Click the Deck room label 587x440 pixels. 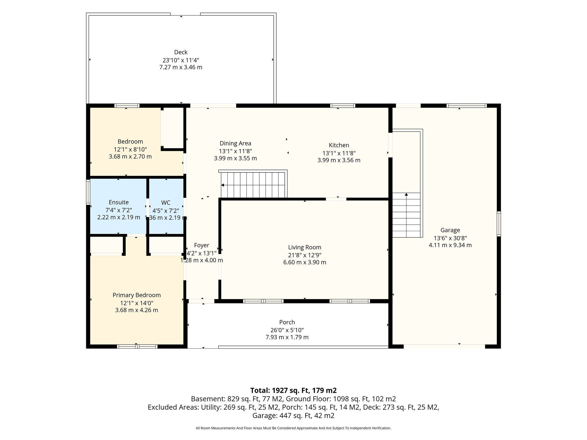(181, 52)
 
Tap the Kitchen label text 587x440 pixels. (339, 145)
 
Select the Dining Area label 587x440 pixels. (235, 143)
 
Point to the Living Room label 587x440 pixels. (305, 247)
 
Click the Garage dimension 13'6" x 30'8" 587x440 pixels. (450, 238)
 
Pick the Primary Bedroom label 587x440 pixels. (136, 295)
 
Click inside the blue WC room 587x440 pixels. (166, 206)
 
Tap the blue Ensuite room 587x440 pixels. (118, 206)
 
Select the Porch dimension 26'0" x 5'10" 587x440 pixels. (287, 330)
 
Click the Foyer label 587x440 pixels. (201, 245)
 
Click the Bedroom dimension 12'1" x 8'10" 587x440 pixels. (130, 149)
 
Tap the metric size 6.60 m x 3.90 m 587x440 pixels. (305, 262)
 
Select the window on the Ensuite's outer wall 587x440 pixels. (88, 192)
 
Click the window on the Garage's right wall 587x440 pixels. (499, 224)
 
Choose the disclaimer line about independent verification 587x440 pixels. (293, 428)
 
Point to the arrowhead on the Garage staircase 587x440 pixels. (406, 195)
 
